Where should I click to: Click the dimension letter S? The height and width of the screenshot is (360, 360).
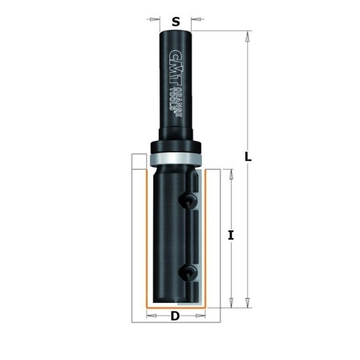176,22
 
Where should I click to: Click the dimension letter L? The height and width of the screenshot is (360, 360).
248,157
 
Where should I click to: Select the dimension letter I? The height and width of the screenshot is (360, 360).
231,235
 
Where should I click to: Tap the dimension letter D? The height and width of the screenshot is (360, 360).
175,316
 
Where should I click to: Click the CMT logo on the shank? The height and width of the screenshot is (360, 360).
176,68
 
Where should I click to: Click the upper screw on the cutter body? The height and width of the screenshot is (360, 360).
188,201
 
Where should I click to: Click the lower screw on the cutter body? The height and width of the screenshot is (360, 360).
188,272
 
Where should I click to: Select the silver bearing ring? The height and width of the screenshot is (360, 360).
176,159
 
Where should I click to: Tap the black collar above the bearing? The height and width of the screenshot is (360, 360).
176,146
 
